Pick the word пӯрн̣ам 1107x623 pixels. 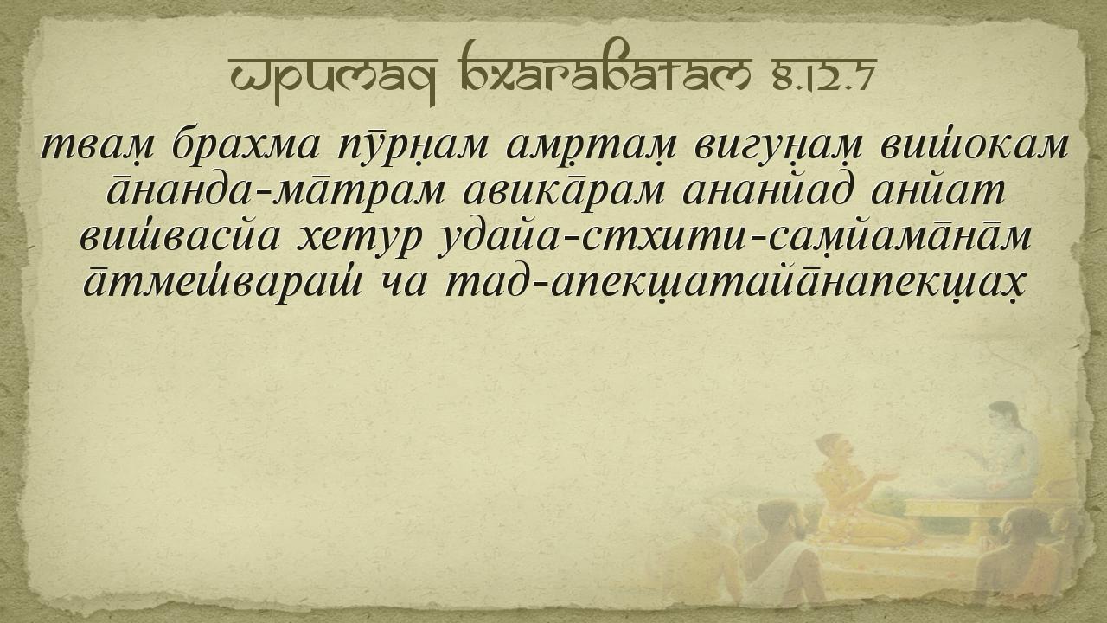pos(413,146)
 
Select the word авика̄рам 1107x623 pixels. pos(564,194)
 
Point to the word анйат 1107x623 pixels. pos(937,191)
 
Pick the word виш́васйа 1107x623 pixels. pos(180,237)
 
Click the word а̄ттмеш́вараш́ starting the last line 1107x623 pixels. pos(222,284)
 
